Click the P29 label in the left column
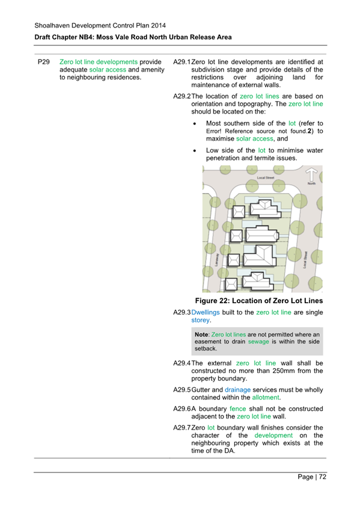pyautogui.click(x=43, y=61)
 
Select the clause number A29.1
pyautogui.click(x=181, y=61)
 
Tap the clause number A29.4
pyautogui.click(x=181, y=363)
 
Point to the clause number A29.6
pyautogui.click(x=181, y=415)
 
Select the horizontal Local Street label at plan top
pyautogui.click(x=265, y=178)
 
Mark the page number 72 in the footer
pyautogui.click(x=322, y=477)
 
